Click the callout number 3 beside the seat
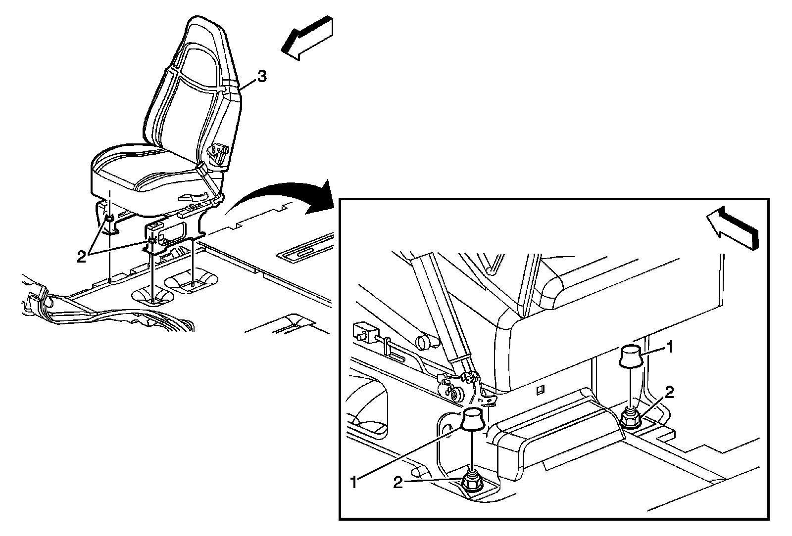click(261, 77)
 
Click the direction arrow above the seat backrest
click(307, 38)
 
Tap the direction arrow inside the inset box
click(733, 227)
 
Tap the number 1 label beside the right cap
click(669, 348)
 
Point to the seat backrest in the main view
click(193, 89)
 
